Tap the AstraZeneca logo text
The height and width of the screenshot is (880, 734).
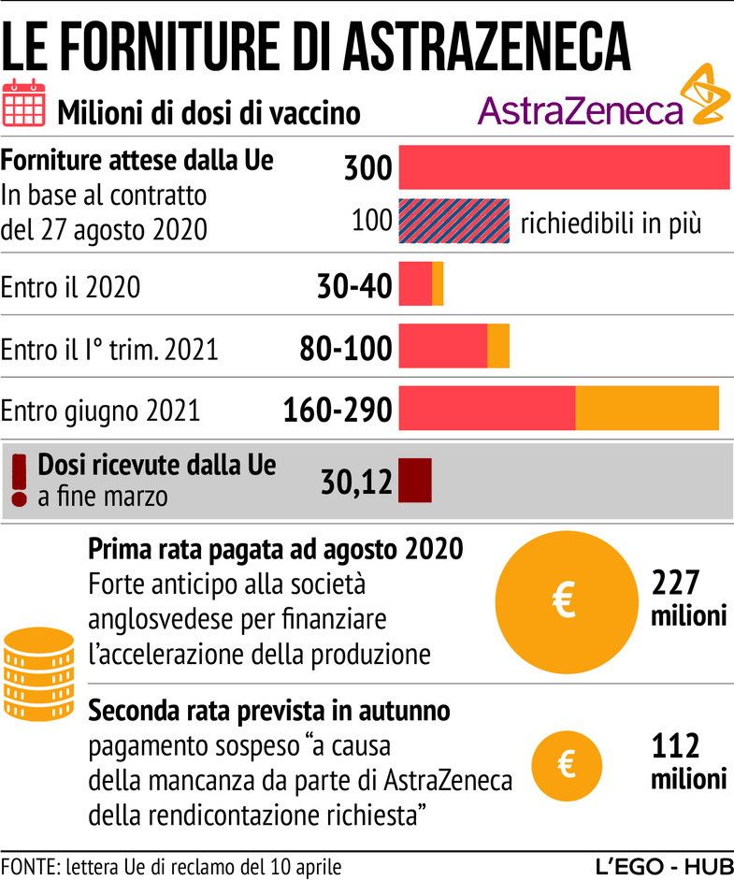[581, 111]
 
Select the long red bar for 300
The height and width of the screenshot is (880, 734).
[565, 168]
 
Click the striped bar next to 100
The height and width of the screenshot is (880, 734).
[454, 221]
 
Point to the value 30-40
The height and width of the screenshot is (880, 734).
[353, 286]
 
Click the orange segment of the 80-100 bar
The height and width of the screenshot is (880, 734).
[498, 346]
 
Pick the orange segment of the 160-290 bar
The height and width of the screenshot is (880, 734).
[647, 408]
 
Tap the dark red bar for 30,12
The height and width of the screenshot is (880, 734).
[415, 480]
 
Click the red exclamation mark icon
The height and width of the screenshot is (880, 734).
[19, 480]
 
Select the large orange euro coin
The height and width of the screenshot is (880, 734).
[562, 604]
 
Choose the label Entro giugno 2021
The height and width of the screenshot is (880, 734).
[100, 411]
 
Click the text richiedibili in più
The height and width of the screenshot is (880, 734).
[611, 224]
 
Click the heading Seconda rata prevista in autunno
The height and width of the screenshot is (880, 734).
[269, 711]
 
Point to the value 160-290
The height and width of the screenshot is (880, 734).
[337, 410]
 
